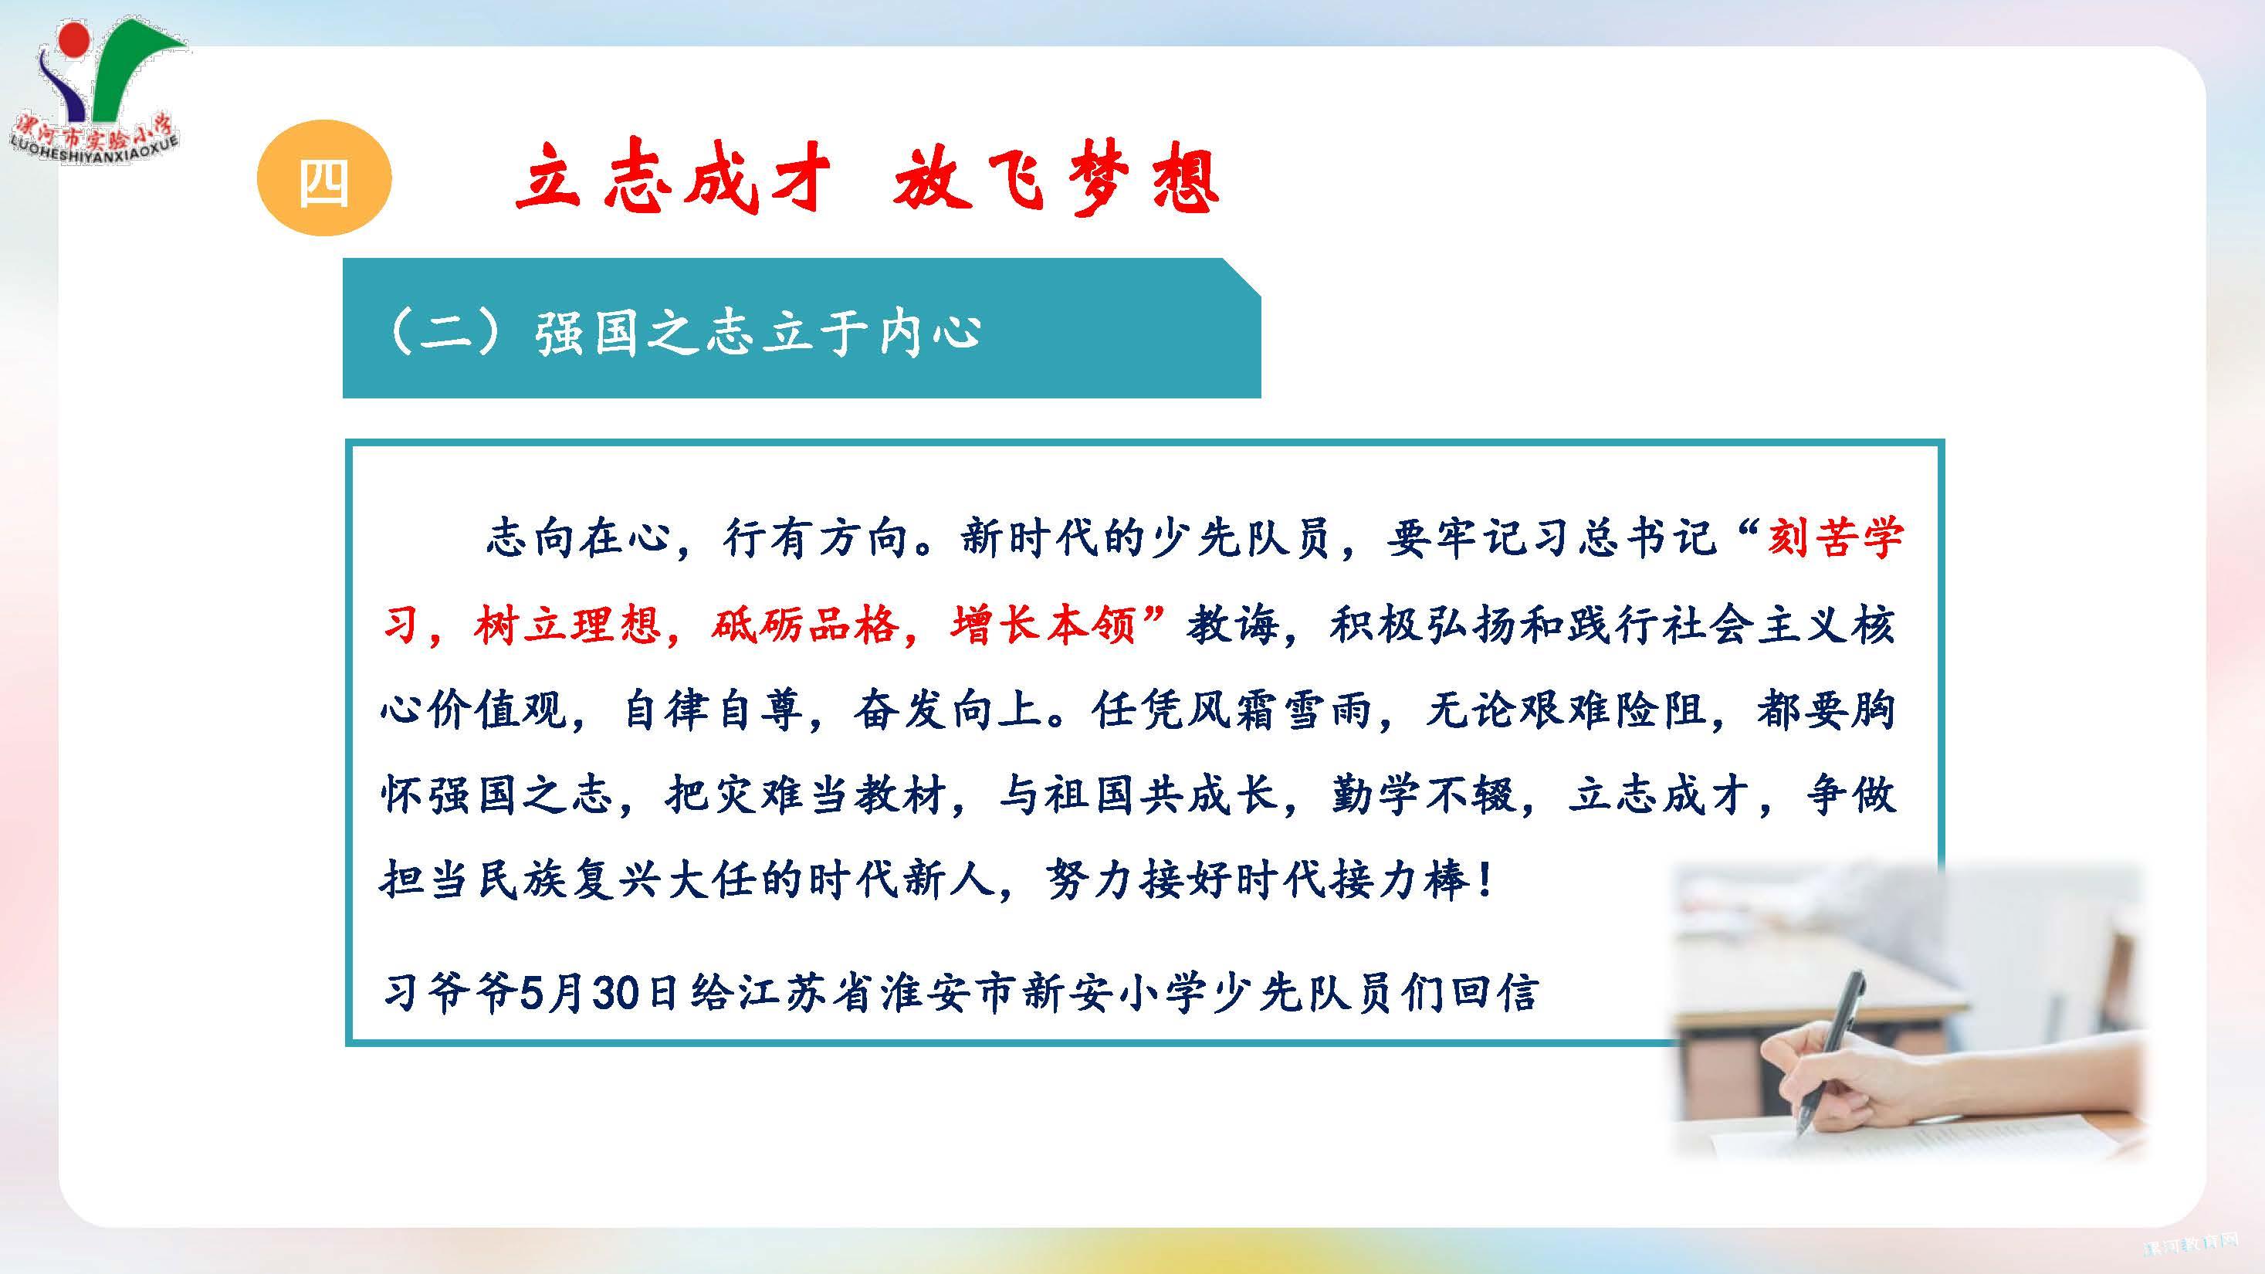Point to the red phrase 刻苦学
(x=1834, y=537)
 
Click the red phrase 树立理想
(x=567, y=625)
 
